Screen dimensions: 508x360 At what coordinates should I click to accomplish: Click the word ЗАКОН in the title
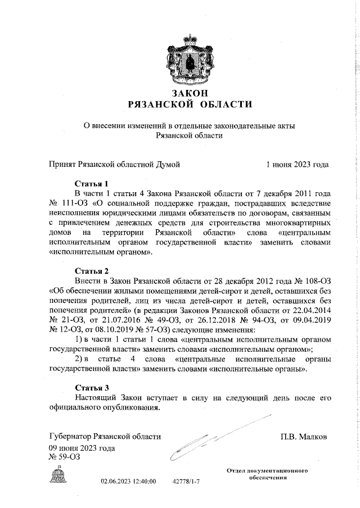point(187,93)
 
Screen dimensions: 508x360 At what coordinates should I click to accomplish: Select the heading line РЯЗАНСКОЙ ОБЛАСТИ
point(187,104)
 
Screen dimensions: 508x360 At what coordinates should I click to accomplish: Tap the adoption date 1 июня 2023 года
point(298,164)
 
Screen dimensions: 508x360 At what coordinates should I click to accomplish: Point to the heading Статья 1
point(91,183)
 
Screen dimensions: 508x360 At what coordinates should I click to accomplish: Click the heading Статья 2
point(91,270)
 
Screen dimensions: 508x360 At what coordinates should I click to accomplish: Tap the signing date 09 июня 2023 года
point(83,448)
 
